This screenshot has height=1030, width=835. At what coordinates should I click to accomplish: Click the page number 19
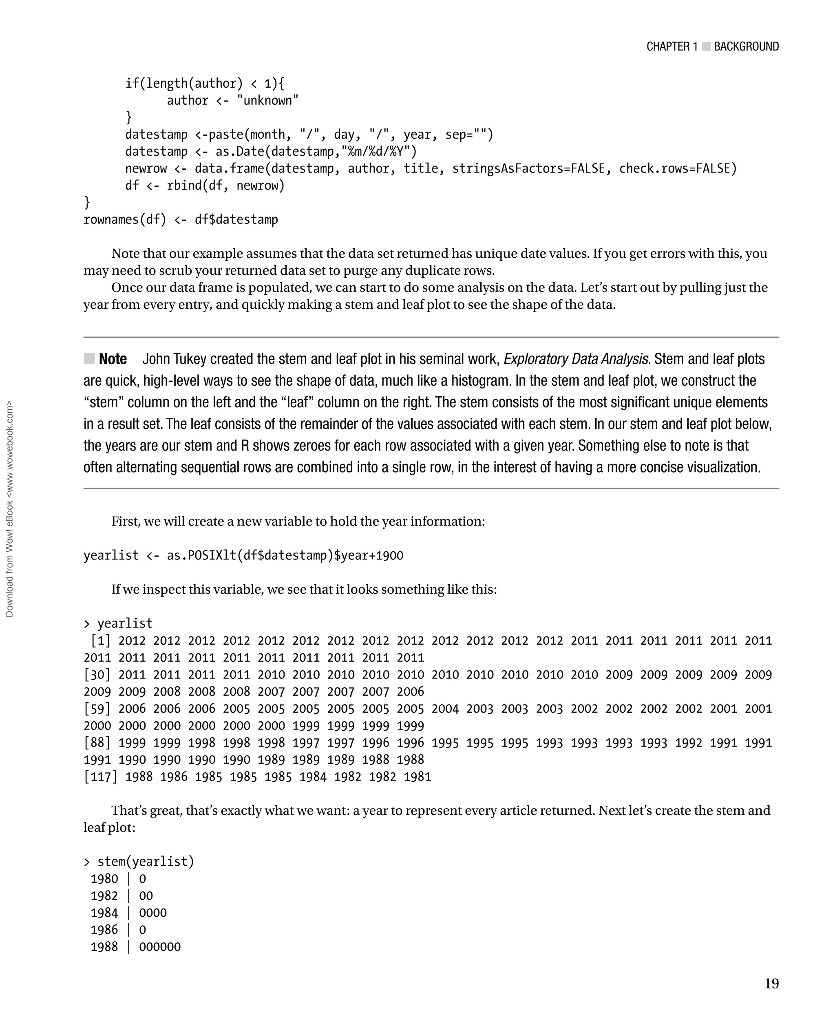(771, 984)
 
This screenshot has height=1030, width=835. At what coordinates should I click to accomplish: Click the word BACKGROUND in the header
(746, 46)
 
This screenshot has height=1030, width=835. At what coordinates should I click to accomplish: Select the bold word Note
(113, 359)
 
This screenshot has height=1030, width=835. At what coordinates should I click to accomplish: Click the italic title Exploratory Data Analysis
(576, 359)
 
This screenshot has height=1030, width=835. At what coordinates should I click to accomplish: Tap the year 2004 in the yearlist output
(445, 709)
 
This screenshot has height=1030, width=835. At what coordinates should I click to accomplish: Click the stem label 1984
(104, 913)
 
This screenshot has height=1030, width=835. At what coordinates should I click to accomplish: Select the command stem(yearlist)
(146, 862)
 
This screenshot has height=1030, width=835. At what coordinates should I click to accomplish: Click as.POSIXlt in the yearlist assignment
(201, 556)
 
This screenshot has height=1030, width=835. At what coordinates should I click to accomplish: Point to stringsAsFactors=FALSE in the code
(528, 169)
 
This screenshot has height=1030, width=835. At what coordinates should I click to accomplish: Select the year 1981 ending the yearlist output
(417, 777)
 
